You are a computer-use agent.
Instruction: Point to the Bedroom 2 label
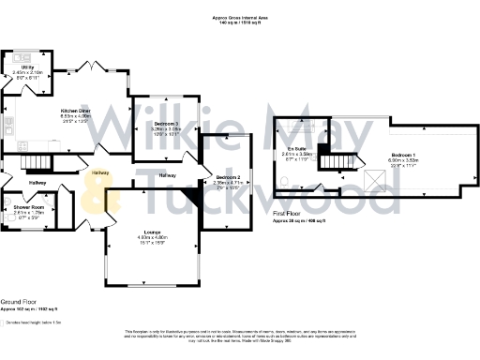[x=229, y=177]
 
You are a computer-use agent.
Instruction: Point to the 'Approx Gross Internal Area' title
[x=241, y=17]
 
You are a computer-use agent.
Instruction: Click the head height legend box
[x=3, y=322]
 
